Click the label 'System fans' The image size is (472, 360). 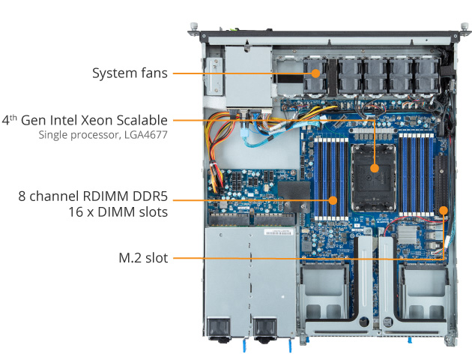[x=130, y=73]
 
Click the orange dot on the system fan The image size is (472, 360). [x=315, y=73]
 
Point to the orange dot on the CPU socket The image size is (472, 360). [x=374, y=168]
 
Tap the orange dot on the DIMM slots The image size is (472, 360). [x=333, y=200]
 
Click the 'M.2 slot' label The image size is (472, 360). [x=143, y=258]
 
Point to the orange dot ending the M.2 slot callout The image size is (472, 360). [x=444, y=210]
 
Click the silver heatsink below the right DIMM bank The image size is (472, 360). [x=407, y=234]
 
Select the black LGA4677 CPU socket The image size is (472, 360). [x=374, y=178]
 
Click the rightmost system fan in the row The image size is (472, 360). [x=426, y=76]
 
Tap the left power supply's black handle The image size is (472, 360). [x=219, y=328]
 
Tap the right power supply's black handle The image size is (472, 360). [x=264, y=328]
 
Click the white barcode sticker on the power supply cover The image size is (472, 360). [x=279, y=232]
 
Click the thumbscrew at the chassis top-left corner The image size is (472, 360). [x=193, y=27]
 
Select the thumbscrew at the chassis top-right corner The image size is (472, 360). [x=465, y=27]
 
